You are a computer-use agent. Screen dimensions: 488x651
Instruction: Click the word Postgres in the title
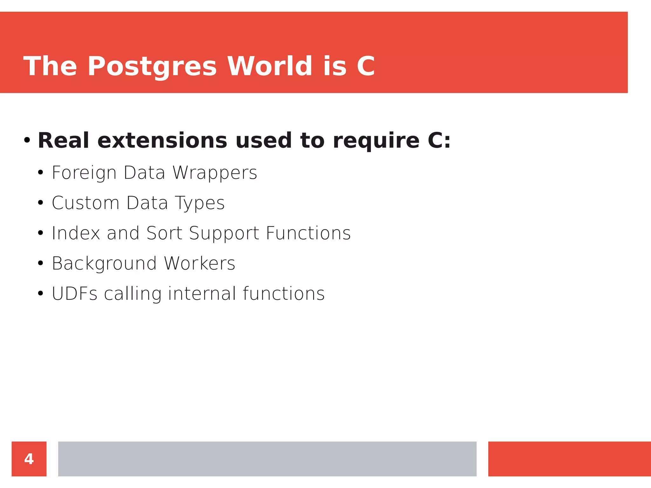click(152, 67)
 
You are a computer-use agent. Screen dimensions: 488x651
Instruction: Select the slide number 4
click(29, 459)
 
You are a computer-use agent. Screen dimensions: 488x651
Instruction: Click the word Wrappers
click(215, 173)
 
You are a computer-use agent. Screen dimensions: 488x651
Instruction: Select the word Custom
click(86, 203)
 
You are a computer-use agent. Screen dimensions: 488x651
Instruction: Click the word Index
click(76, 233)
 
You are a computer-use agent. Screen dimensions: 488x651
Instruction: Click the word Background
click(104, 264)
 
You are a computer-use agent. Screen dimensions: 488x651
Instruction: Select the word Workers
click(199, 263)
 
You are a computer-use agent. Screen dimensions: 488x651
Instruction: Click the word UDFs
click(74, 294)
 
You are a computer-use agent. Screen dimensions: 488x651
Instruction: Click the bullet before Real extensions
click(27, 140)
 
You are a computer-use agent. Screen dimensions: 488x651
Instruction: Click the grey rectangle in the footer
click(267, 459)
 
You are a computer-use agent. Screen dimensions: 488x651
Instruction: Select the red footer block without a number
click(569, 459)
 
